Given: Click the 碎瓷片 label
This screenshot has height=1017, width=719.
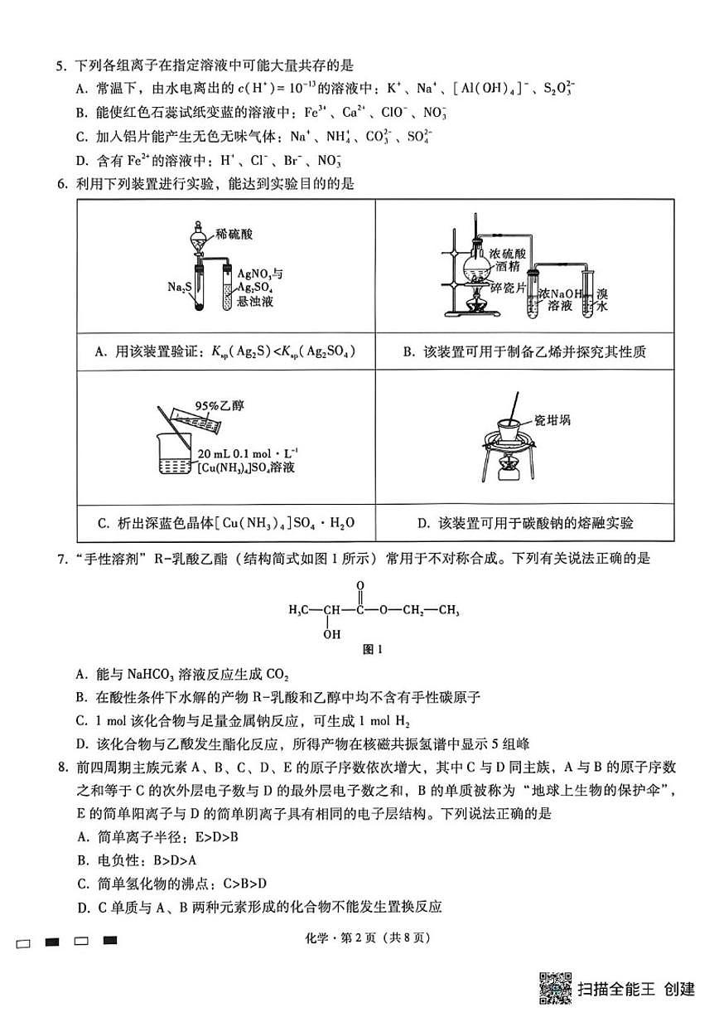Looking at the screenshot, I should point(507,286).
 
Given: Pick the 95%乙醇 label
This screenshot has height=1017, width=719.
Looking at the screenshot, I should point(213,405).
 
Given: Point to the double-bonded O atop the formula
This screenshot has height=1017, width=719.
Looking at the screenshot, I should point(360,584).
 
